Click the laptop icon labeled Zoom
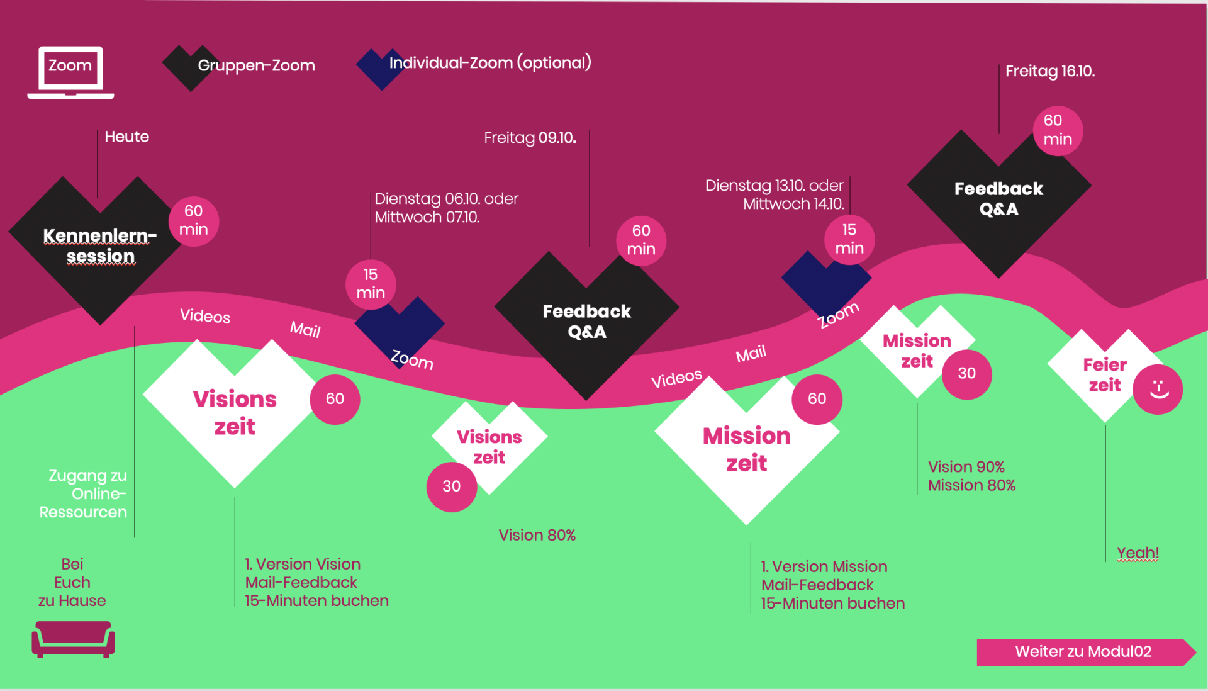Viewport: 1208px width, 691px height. [x=70, y=72]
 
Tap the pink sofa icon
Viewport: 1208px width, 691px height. [x=73, y=639]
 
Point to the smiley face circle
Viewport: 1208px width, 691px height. [x=1158, y=390]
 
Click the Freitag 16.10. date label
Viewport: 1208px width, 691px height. [x=1050, y=71]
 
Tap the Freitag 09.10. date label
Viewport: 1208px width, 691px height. [x=530, y=138]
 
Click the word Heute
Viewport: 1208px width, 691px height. [x=126, y=137]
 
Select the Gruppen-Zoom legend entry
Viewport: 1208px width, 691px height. [x=239, y=66]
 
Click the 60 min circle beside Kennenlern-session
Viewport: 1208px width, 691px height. [x=194, y=221]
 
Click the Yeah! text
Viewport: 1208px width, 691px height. [x=1138, y=553]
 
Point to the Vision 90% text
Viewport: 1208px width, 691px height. [x=966, y=467]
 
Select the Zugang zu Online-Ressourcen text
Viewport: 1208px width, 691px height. [x=84, y=494]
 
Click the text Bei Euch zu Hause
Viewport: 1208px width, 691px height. [x=72, y=582]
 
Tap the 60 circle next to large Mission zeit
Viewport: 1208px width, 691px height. [x=817, y=399]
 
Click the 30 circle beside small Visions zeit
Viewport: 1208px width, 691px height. [x=452, y=486]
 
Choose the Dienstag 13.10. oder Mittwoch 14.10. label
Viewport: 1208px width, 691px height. [x=775, y=194]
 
